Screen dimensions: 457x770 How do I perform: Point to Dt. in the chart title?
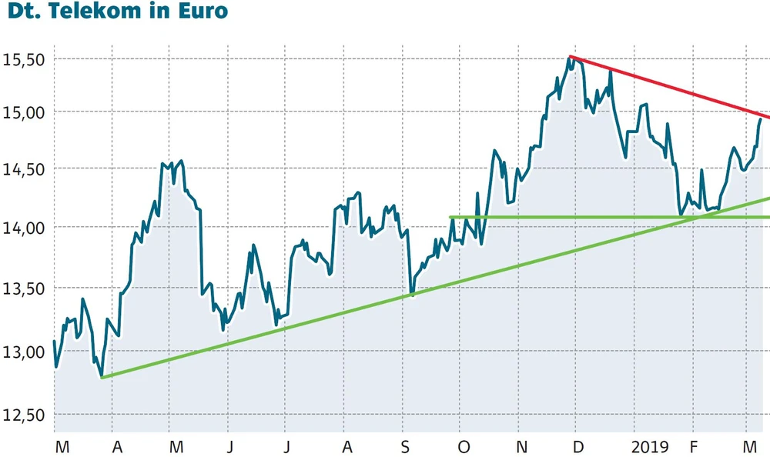[x=24, y=13]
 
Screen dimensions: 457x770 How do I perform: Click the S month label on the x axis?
[x=406, y=446]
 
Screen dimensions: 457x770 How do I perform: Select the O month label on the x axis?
[x=464, y=446]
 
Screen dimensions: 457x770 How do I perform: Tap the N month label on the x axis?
[x=521, y=446]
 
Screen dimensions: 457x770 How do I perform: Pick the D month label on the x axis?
[x=579, y=446]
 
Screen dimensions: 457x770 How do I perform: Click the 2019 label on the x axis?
[x=649, y=446]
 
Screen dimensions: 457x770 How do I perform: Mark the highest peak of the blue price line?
[x=570, y=58]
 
